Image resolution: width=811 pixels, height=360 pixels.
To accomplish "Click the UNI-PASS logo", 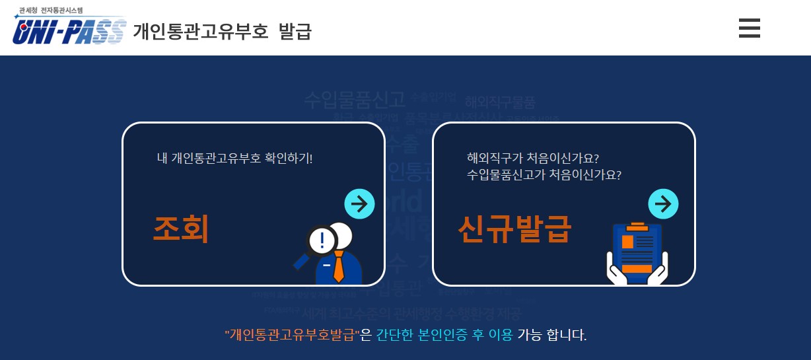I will point(69,30).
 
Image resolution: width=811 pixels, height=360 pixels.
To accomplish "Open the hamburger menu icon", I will point(749,28).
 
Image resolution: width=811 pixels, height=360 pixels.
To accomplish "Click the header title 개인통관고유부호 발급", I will point(222,31).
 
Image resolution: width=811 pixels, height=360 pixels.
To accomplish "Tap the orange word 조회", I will point(180,229).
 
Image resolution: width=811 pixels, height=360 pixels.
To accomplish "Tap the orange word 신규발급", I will point(514,229).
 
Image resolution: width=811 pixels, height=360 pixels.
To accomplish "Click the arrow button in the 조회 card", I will point(359,204).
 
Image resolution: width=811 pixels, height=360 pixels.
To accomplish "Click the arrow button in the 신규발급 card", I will point(663,204).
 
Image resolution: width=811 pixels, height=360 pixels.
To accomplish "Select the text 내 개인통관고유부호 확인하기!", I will point(234,159).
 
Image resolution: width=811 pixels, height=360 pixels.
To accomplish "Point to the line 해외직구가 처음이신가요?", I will point(532,159).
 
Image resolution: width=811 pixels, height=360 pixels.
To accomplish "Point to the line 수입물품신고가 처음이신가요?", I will point(544,175).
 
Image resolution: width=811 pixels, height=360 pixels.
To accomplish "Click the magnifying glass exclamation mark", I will point(322,240).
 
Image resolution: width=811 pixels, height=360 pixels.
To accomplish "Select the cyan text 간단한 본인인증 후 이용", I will point(444,335).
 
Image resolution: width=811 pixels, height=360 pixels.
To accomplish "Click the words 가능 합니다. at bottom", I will point(552,335).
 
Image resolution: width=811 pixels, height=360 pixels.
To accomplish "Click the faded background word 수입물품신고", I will point(354,100).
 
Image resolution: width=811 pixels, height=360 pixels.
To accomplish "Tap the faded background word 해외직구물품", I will point(500,102).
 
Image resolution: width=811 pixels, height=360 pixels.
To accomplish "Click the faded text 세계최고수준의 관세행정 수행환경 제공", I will point(411,312).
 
